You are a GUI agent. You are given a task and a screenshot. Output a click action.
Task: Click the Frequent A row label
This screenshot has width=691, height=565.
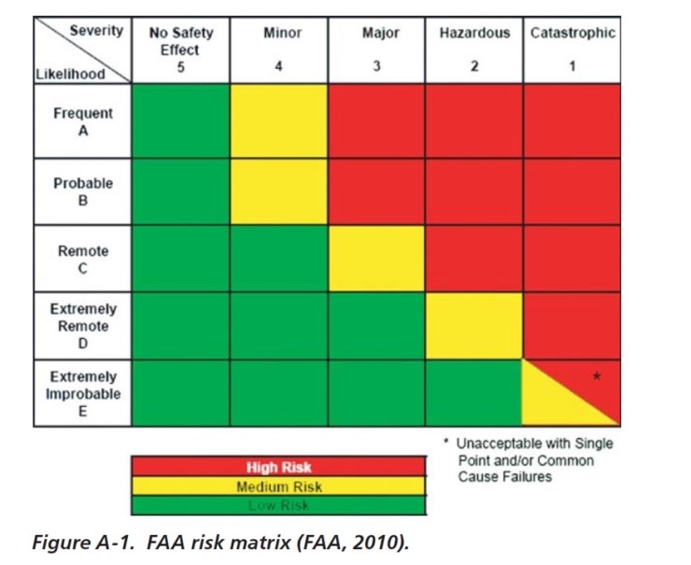click(83, 121)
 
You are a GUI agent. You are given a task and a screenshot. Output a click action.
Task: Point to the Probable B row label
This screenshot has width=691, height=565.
click(83, 191)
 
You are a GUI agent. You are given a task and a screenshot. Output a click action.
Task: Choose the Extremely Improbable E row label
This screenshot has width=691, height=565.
click(83, 393)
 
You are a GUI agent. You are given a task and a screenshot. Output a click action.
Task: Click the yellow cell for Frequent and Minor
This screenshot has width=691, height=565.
click(278, 121)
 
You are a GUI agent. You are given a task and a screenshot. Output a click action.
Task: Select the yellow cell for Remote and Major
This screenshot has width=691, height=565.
click(376, 258)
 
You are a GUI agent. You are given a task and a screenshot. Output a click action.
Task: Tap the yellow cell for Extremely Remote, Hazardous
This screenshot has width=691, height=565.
click(474, 326)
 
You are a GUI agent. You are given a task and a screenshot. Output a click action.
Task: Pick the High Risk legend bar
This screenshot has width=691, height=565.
click(278, 467)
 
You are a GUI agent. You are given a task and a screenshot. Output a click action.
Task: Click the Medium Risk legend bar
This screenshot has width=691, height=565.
click(278, 487)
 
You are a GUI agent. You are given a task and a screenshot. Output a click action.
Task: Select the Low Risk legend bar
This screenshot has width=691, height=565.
click(278, 505)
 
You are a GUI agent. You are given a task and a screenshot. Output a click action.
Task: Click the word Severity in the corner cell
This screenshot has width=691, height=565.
click(96, 30)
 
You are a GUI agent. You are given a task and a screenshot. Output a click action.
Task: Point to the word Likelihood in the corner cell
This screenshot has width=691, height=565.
click(69, 74)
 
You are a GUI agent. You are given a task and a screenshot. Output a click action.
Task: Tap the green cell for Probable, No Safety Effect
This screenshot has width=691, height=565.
click(181, 191)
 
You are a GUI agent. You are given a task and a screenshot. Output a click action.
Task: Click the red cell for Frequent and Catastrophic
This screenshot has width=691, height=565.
click(572, 121)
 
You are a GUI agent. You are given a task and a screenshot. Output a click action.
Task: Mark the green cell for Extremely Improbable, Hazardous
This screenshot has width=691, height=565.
click(474, 393)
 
